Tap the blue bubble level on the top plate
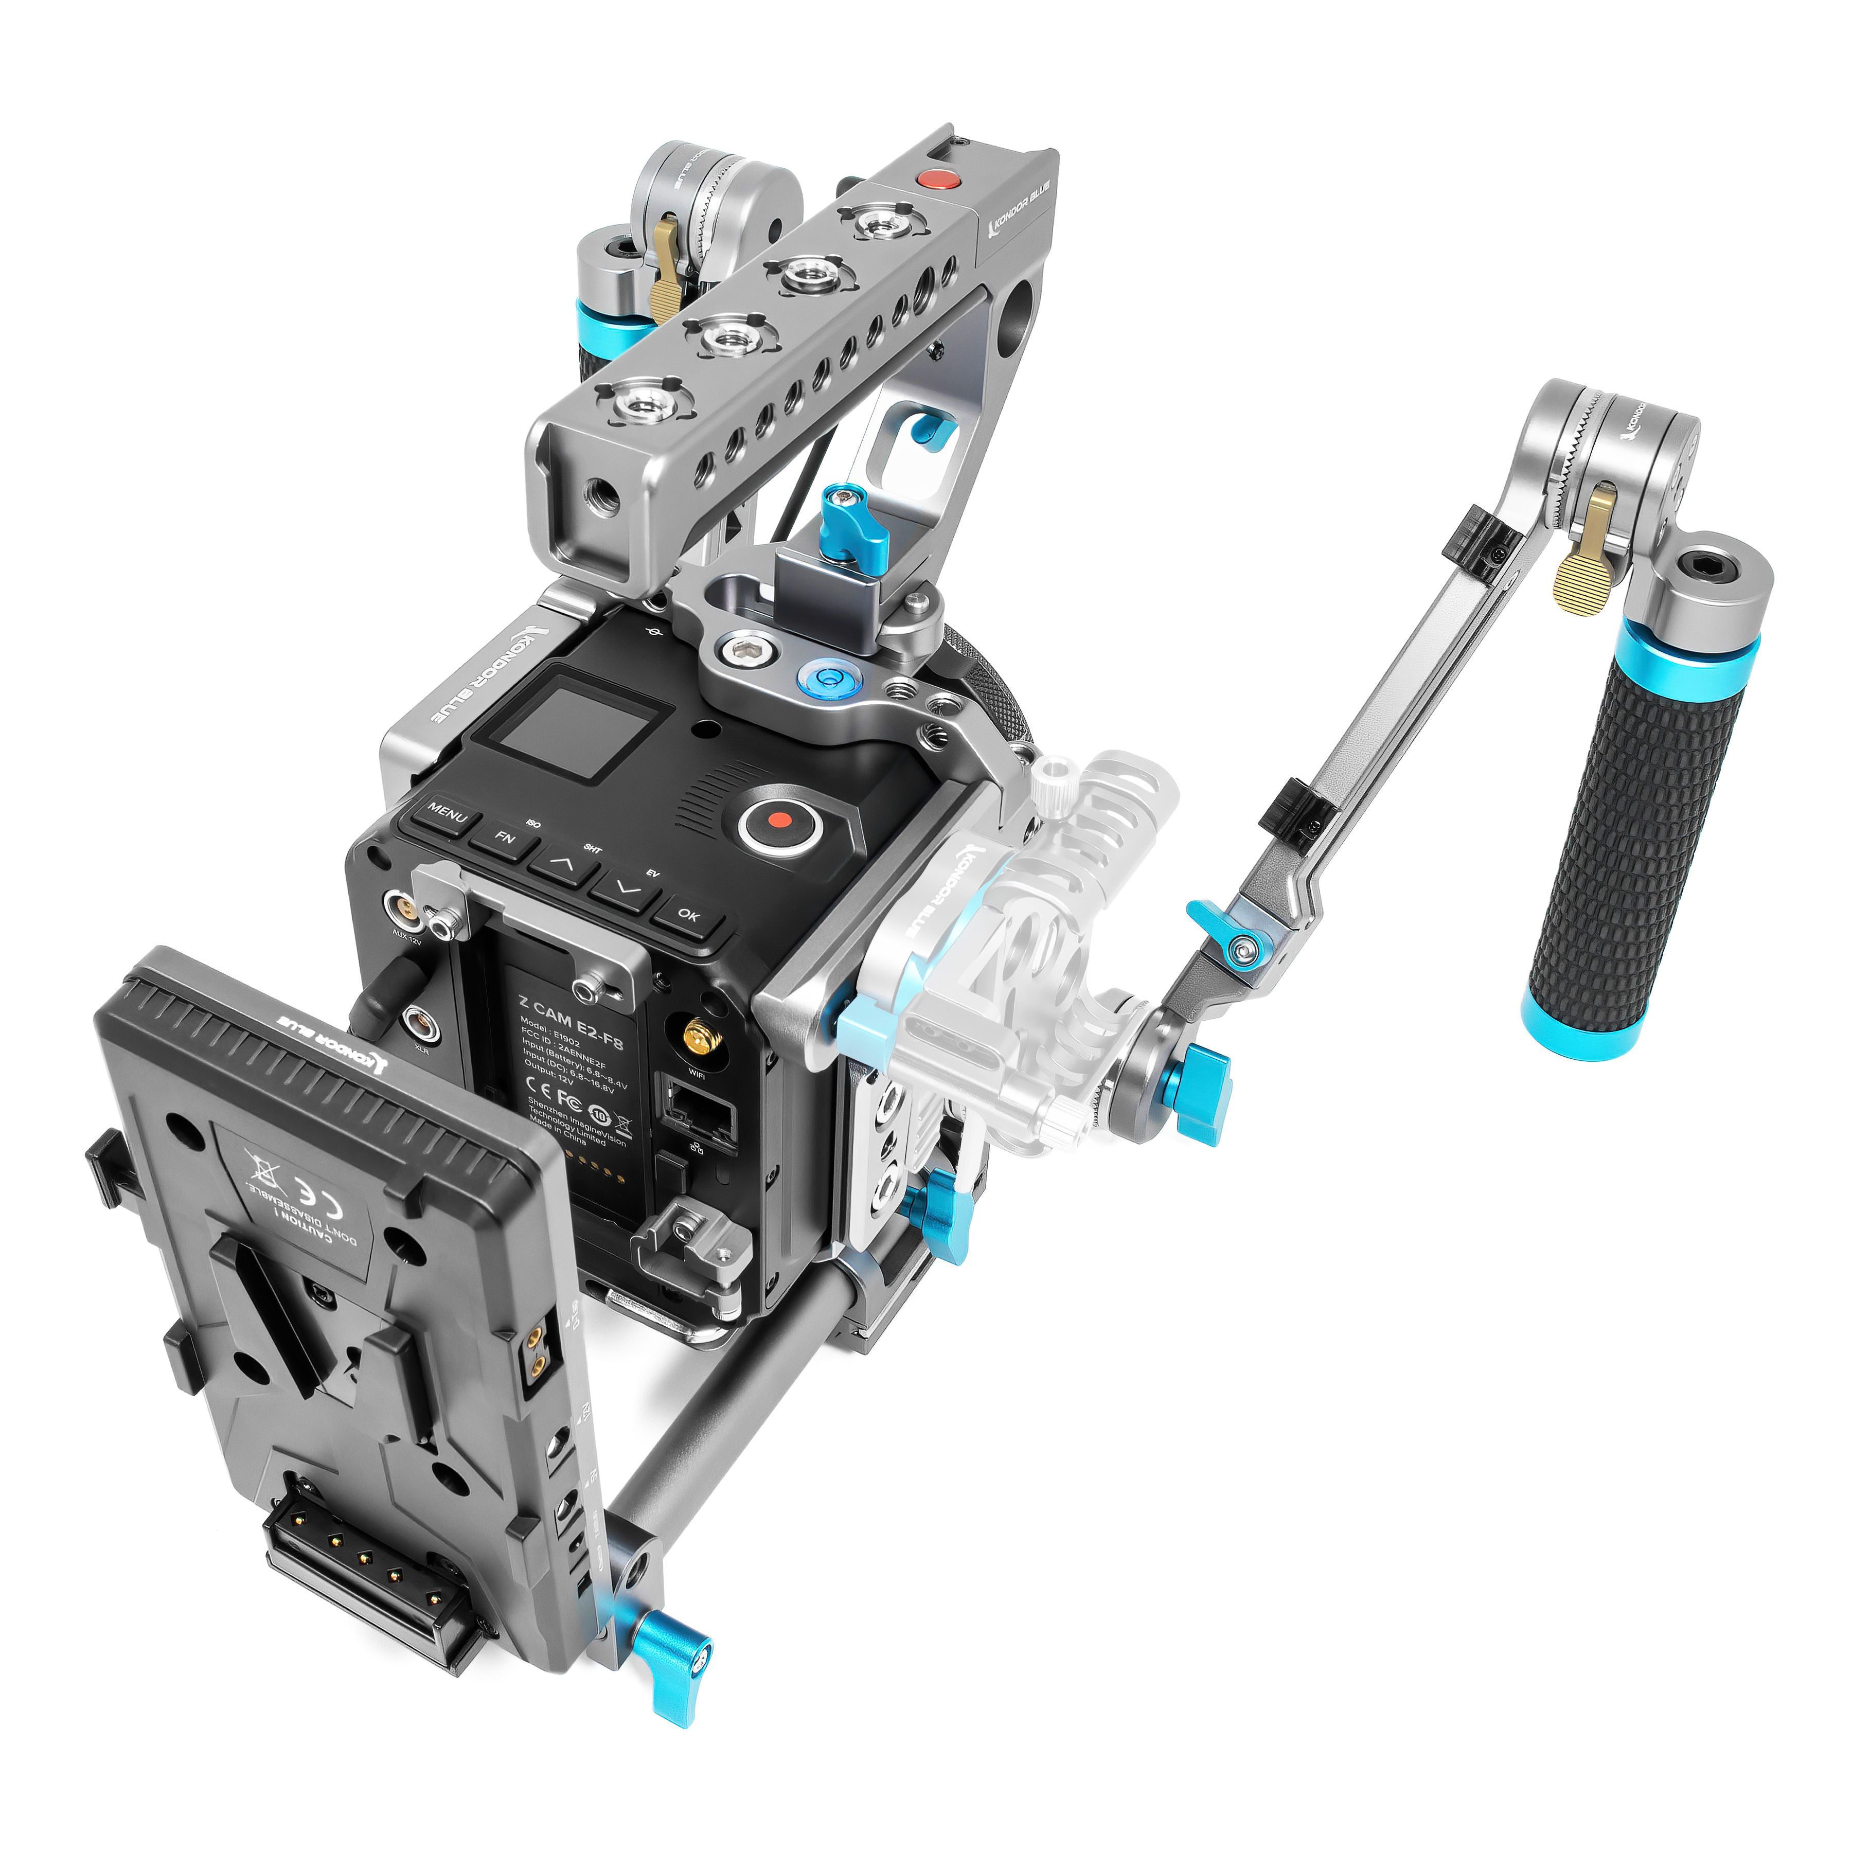[x=821, y=677]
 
